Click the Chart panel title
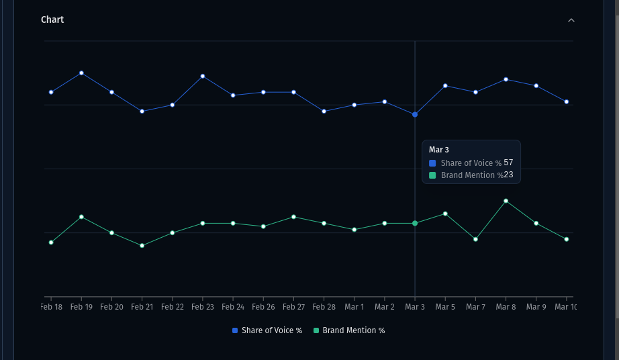point(52,19)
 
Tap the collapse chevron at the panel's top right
point(571,20)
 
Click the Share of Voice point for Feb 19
point(81,73)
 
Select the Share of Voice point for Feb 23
point(203,76)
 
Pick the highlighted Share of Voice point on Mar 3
point(415,115)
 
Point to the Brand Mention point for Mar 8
point(506,201)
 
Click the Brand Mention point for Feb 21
point(142,246)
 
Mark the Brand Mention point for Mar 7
point(475,239)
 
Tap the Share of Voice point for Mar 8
point(506,79)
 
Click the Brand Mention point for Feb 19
point(81,217)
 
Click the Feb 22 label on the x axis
point(172,307)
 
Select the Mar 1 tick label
point(354,307)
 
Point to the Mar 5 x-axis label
point(445,307)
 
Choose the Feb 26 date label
point(263,307)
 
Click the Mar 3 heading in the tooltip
point(439,150)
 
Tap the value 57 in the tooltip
point(508,163)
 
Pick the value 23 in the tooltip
point(508,175)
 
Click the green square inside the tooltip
point(432,175)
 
